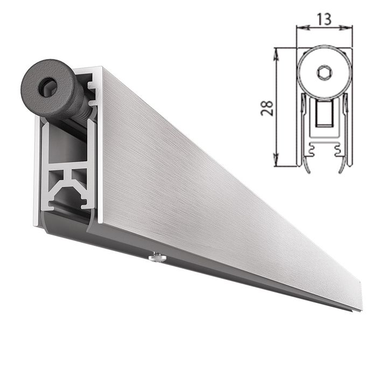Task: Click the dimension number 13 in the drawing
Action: [324, 19]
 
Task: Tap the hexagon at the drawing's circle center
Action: [324, 73]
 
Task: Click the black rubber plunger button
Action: [51, 89]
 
